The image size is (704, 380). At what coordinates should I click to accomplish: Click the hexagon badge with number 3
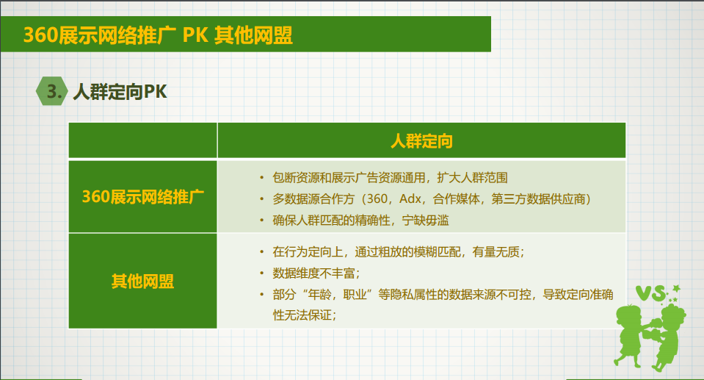[x=51, y=91]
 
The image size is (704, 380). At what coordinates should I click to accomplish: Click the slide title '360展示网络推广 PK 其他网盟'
[x=158, y=35]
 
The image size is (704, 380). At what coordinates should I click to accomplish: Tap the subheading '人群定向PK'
[x=120, y=92]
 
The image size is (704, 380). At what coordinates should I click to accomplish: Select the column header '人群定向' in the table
[x=421, y=141]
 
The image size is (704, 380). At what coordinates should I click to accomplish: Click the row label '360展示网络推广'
[x=142, y=197]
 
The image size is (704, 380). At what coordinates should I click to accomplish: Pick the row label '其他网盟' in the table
[x=142, y=282]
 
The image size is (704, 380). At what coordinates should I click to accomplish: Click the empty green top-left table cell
[x=142, y=140]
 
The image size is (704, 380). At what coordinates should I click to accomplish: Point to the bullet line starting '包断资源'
[x=390, y=178]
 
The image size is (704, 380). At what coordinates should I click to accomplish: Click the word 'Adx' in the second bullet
[x=410, y=198]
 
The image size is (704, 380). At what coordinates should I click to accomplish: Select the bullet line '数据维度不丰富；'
[x=316, y=273]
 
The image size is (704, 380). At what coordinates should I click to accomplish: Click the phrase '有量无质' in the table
[x=496, y=252]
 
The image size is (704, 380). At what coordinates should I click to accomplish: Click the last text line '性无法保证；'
[x=305, y=315]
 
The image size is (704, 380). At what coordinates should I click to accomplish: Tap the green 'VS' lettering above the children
[x=650, y=293]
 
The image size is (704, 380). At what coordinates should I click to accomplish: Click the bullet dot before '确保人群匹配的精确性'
[x=262, y=221]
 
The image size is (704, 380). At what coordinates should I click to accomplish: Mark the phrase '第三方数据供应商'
[x=538, y=198]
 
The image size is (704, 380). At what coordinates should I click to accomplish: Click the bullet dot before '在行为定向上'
[x=262, y=252]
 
